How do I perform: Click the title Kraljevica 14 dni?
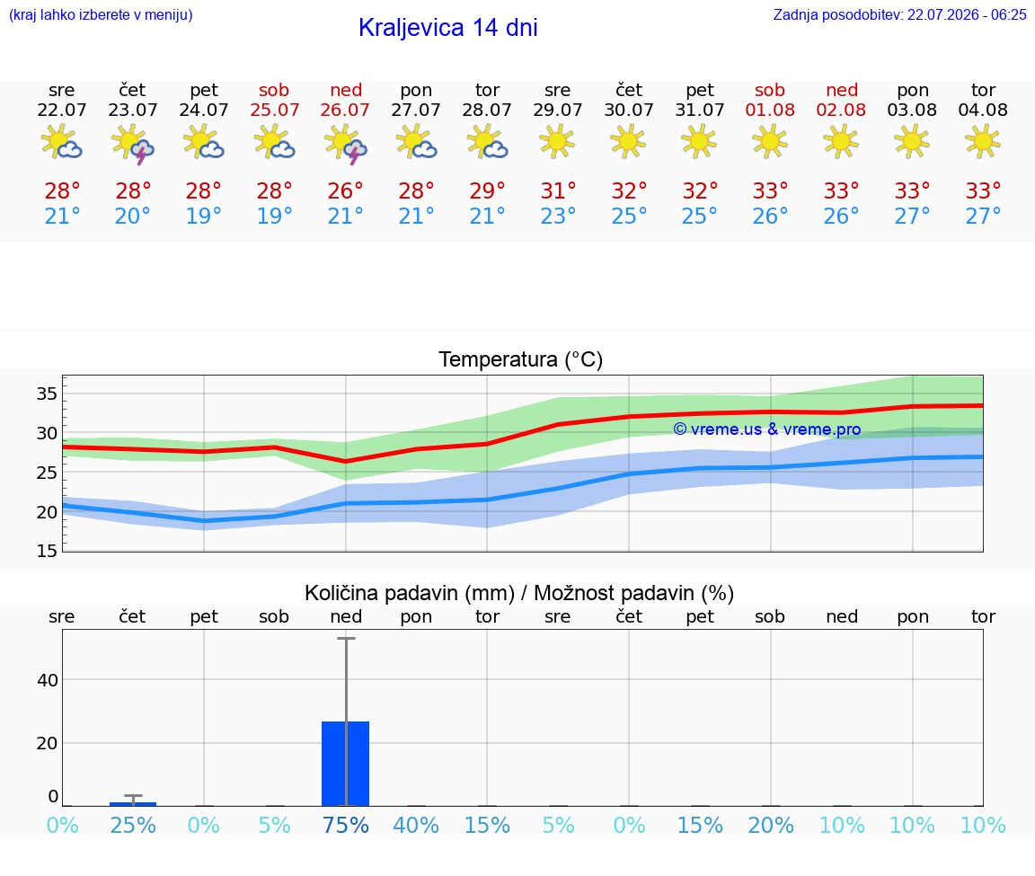coord(447,28)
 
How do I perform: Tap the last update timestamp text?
coord(899,15)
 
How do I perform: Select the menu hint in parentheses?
coord(101,15)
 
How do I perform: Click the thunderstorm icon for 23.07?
coord(133,144)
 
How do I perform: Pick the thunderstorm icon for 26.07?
coord(346,144)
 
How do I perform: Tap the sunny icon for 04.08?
coord(983,141)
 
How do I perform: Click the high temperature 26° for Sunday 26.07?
coord(345,191)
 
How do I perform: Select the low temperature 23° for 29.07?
coord(558,216)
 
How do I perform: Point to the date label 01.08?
coord(770,111)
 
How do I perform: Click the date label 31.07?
coord(700,111)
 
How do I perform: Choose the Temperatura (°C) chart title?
coord(521,359)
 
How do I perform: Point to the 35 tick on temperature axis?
coord(47,394)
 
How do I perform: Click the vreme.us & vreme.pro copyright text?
coord(767,429)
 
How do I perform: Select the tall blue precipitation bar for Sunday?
coord(345,764)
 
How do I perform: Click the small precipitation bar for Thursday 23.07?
coord(133,804)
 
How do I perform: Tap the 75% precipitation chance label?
coord(345,826)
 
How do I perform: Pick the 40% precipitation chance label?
coord(416,826)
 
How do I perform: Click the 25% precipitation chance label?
coord(133,826)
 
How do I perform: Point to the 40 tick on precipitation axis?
coord(48,680)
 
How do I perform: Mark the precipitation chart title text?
coord(518,594)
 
